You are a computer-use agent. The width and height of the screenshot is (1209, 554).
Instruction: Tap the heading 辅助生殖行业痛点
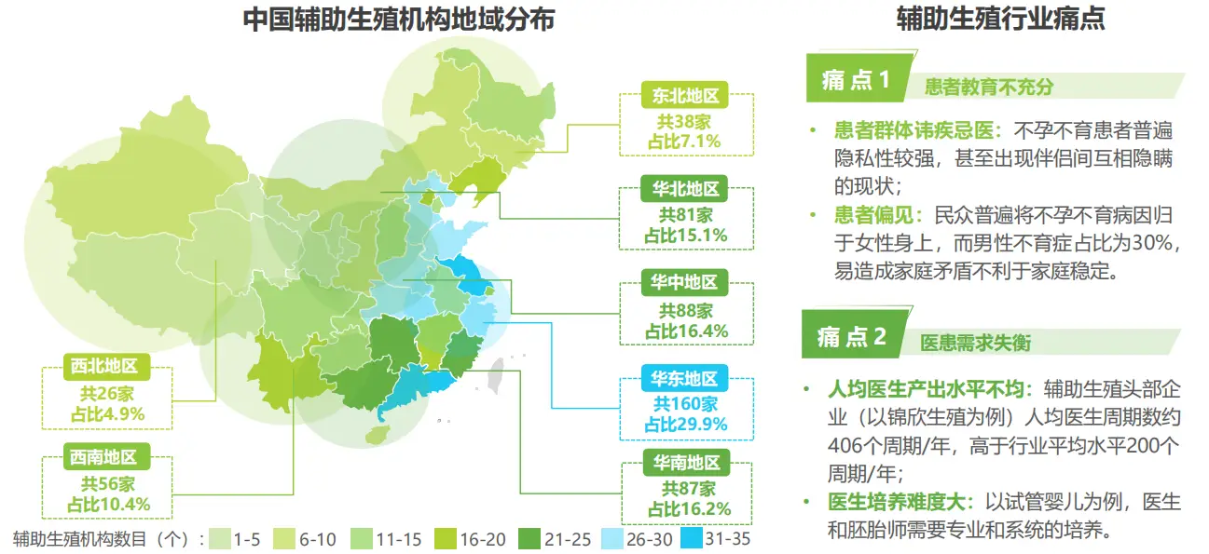tap(1000, 20)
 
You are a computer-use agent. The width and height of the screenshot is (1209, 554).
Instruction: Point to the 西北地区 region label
tap(106, 367)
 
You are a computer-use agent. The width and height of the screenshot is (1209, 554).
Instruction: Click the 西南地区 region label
tap(106, 457)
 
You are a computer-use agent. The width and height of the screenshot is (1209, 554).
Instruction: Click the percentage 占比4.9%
tap(106, 414)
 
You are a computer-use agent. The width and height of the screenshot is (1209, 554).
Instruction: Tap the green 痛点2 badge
tap(850, 337)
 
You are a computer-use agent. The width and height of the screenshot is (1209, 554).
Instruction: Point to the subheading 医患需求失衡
tap(976, 343)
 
